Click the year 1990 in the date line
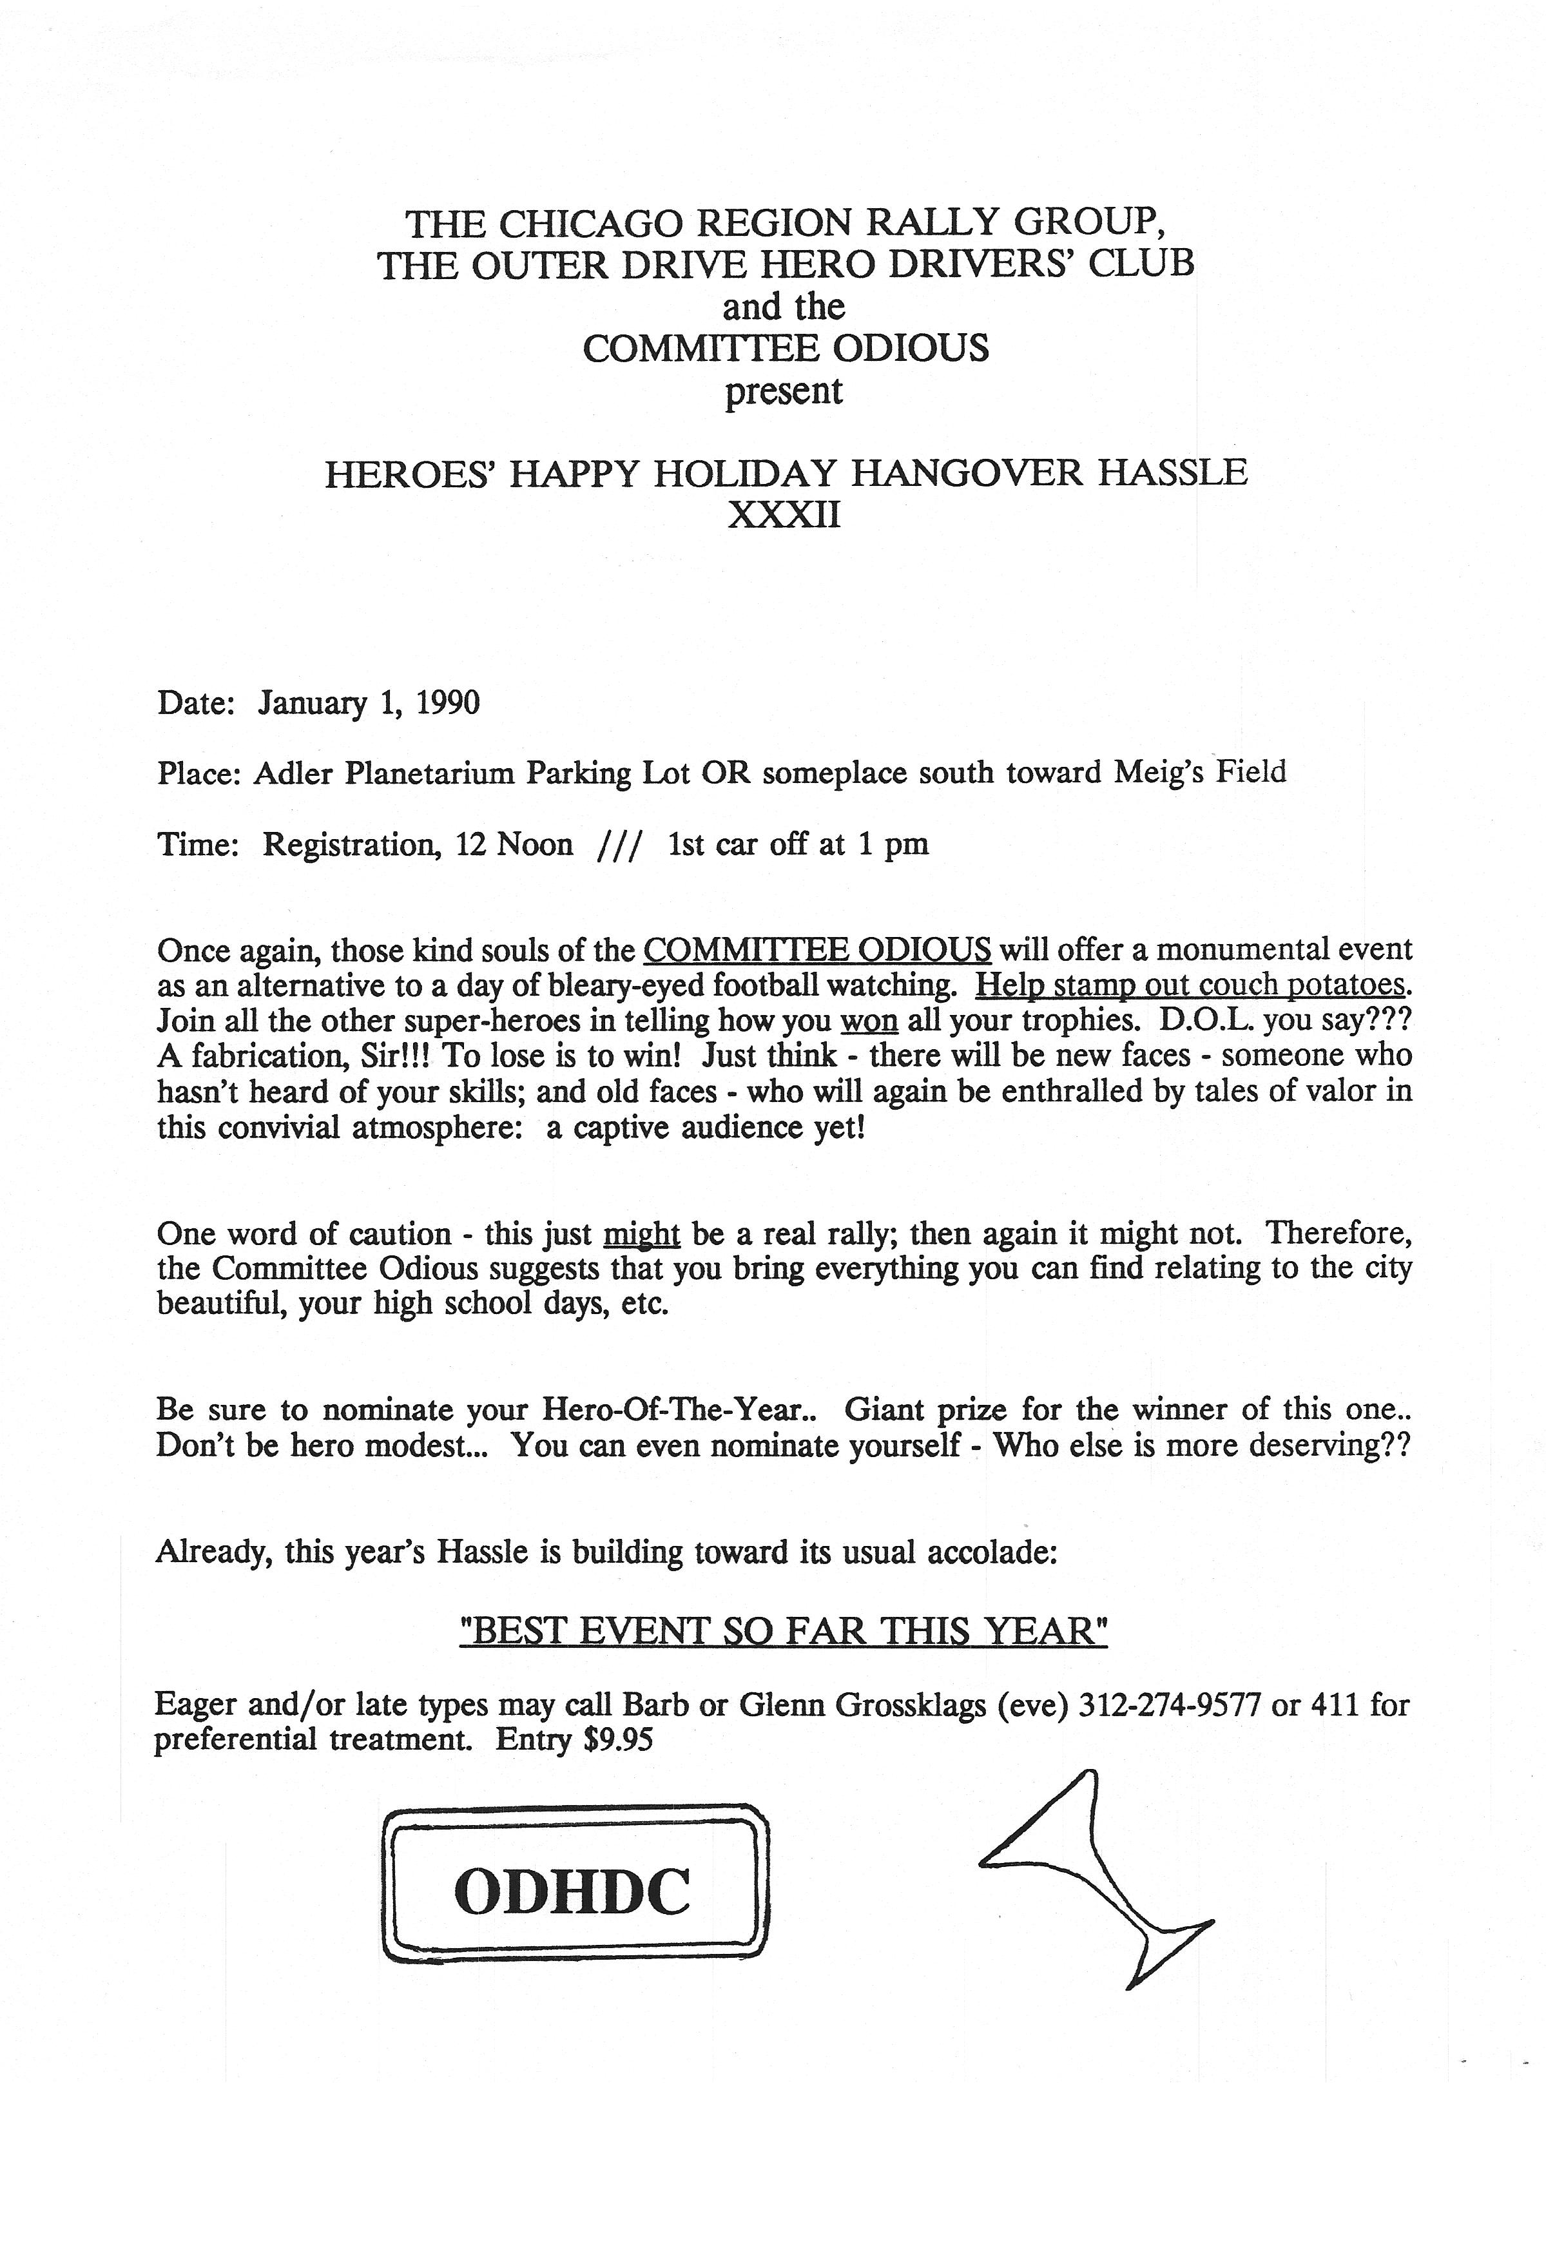[x=447, y=702]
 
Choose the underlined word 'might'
[x=641, y=1235]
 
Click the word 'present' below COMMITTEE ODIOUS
[x=784, y=391]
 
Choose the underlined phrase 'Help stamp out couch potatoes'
[x=1190, y=985]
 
